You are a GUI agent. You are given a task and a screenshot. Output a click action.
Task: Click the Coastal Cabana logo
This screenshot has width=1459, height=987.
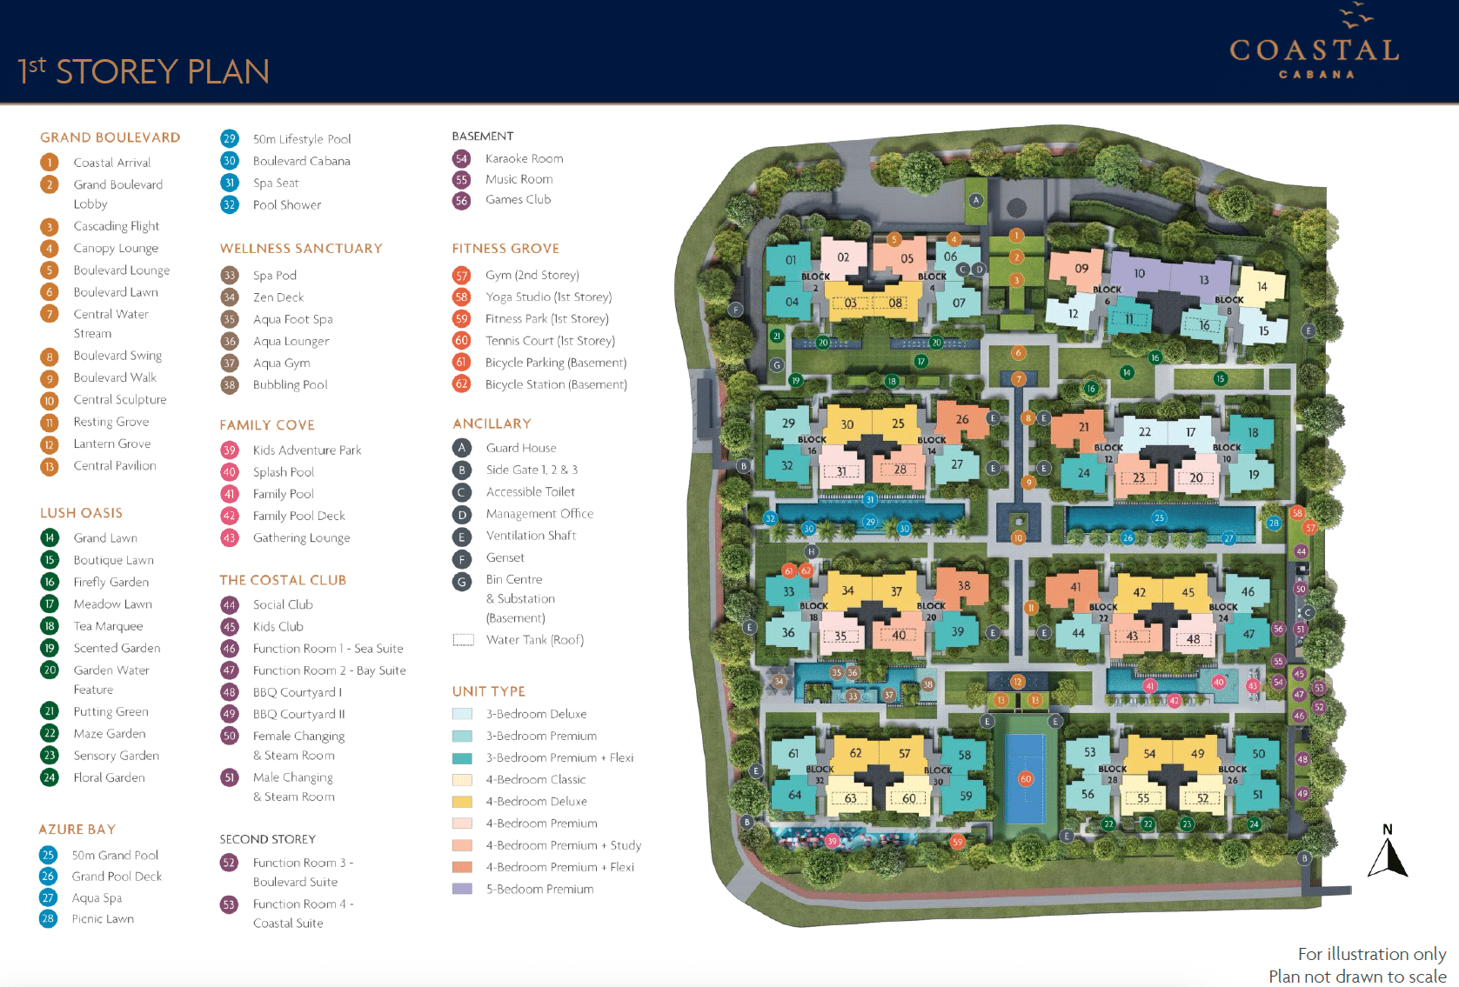[x=1315, y=48]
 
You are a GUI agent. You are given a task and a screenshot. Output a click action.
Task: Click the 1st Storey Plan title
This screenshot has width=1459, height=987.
[x=144, y=71]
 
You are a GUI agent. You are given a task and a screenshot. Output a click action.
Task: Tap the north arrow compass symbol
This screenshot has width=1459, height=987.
[x=1388, y=852]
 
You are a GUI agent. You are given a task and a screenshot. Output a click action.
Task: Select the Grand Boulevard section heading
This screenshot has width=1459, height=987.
[x=110, y=137]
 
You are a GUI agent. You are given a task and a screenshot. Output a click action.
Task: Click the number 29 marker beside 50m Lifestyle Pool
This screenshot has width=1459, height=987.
[x=230, y=138]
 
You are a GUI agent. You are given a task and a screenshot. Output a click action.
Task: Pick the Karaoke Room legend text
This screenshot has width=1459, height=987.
[x=524, y=158]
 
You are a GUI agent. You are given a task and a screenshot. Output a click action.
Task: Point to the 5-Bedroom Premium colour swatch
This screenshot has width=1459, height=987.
[x=462, y=889]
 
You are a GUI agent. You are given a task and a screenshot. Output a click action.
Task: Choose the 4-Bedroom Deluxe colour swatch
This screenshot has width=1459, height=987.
[x=462, y=801]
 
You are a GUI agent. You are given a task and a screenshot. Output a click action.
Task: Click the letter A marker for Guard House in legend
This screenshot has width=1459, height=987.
[x=462, y=448]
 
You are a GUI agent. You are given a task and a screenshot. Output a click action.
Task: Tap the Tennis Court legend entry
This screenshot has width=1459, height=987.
[x=550, y=341]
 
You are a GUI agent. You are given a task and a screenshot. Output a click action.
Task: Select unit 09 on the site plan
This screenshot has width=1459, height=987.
[x=1081, y=268]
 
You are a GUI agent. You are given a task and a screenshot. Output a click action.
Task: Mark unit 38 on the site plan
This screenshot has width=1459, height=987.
[x=964, y=586]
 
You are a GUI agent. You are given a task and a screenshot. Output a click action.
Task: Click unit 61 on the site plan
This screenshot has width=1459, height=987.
[x=793, y=754]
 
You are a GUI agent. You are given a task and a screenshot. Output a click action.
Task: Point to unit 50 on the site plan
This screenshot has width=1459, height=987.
[x=1259, y=754]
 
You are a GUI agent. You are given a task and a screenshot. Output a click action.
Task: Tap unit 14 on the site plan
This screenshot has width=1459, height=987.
[x=1262, y=286]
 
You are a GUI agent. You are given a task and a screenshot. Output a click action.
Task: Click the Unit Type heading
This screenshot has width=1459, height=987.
[x=488, y=691]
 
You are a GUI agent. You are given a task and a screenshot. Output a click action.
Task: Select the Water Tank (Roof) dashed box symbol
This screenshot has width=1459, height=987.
[x=463, y=640]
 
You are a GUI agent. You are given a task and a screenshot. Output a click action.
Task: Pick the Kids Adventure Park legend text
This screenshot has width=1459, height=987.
[x=306, y=450]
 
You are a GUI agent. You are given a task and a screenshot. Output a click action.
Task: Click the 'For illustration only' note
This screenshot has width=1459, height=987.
[x=1371, y=954]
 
